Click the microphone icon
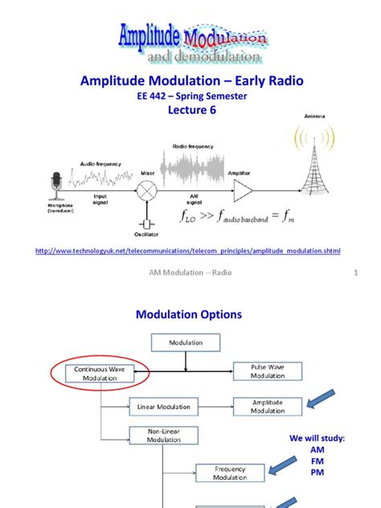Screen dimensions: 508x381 pyautogui.click(x=55, y=185)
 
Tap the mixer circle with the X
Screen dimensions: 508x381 pyautogui.click(x=147, y=190)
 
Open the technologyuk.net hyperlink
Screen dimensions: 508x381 pyautogui.click(x=189, y=251)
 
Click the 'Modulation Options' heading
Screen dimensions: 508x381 pyautogui.click(x=190, y=315)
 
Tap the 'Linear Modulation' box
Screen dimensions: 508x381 pyautogui.click(x=163, y=407)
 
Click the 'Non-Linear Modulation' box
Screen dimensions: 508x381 pyautogui.click(x=163, y=436)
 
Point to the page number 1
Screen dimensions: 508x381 pyautogui.click(x=354, y=273)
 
